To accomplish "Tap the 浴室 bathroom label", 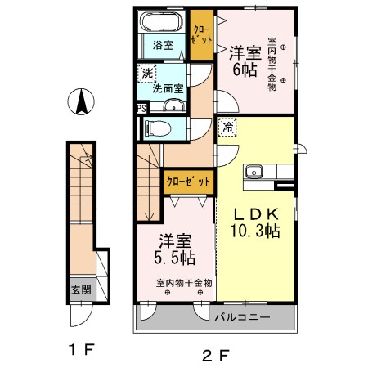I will pyautogui.click(x=161, y=45).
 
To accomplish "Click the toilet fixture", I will pyautogui.click(x=156, y=128).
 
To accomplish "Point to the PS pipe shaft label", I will pyautogui.click(x=141, y=107).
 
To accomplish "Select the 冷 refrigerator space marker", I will pyautogui.click(x=226, y=128).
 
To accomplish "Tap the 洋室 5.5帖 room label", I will pyautogui.click(x=175, y=249).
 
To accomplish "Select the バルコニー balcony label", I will pyautogui.click(x=243, y=316).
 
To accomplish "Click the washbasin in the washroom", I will pyautogui.click(x=173, y=104).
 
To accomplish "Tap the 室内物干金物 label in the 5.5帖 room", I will pyautogui.click(x=184, y=282).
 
